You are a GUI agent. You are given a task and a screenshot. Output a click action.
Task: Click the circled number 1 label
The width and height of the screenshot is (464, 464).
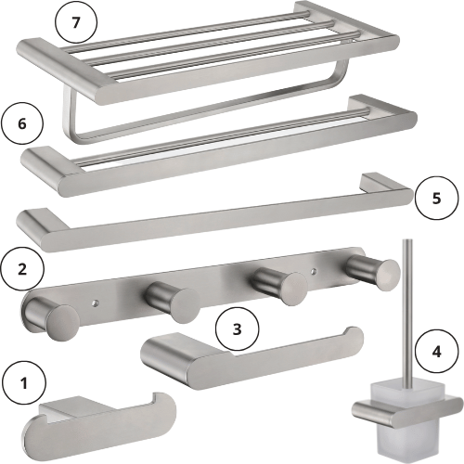point(24,383)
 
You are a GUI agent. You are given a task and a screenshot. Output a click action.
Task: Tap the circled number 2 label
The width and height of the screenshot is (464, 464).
point(22,269)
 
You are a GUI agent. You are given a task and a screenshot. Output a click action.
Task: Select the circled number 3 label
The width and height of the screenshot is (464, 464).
point(237,329)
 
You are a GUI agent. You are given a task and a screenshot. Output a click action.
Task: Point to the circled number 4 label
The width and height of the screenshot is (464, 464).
point(436,352)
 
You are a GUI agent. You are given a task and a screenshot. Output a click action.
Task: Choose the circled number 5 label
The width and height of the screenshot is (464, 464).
point(436,198)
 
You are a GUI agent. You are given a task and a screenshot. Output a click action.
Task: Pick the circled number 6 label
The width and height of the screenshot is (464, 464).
point(22,123)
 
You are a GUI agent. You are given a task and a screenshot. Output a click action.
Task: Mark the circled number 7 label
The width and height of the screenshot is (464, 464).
point(76,22)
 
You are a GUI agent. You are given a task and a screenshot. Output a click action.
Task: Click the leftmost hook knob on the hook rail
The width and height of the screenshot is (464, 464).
point(62,322)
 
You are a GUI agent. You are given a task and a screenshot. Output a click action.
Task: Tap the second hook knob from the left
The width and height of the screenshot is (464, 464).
point(185,305)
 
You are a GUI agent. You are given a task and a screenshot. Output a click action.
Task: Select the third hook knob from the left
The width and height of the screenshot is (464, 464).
point(292,289)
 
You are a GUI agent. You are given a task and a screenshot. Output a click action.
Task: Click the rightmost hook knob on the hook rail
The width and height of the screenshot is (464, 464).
point(384,275)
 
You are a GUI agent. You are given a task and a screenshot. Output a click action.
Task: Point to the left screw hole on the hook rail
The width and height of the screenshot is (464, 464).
point(95,303)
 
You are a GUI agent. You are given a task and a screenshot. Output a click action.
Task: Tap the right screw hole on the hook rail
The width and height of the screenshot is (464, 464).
point(314,271)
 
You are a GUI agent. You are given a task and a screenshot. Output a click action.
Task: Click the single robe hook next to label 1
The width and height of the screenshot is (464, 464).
point(99,430)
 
